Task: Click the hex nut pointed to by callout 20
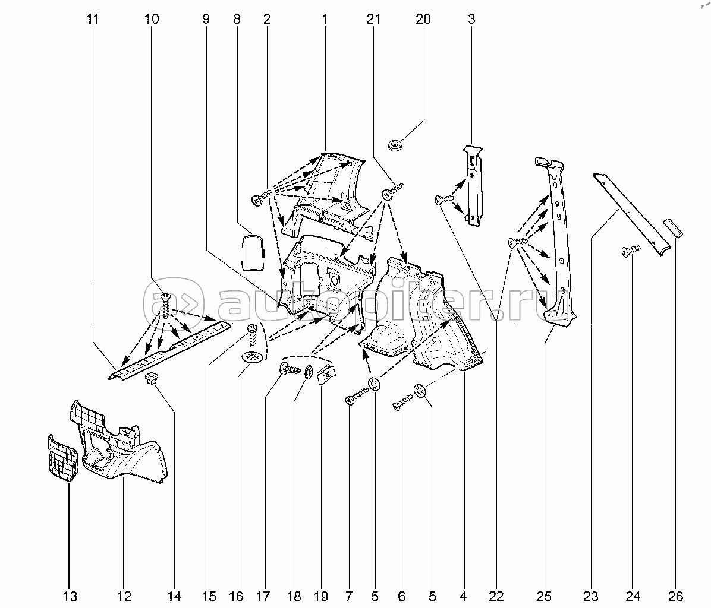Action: tap(394, 144)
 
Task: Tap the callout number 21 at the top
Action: tap(373, 19)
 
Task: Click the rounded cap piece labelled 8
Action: tap(253, 252)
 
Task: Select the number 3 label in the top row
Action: tap(471, 19)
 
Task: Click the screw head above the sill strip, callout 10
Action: tap(166, 296)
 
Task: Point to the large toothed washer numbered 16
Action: tap(252, 358)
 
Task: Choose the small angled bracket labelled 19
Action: tap(326, 375)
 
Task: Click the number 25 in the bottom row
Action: tap(545, 596)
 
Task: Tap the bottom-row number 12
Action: tap(124, 596)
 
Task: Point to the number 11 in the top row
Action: tap(92, 19)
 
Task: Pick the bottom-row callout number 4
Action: tap(463, 596)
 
